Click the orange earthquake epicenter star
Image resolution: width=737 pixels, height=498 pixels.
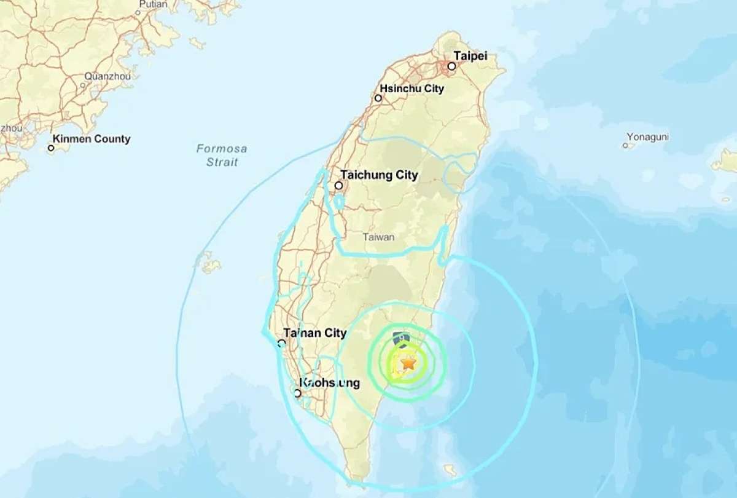(408, 363)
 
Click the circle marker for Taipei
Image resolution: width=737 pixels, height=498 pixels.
(452, 66)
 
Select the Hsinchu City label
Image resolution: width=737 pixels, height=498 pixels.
(411, 89)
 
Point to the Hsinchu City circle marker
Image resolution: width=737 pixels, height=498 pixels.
(378, 98)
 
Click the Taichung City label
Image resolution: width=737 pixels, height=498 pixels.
(379, 175)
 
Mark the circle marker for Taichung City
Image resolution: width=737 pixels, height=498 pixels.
(338, 185)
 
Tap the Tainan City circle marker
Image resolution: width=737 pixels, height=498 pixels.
(281, 343)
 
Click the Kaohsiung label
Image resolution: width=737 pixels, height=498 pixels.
(329, 383)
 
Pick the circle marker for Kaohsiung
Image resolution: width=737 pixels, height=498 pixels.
(298, 393)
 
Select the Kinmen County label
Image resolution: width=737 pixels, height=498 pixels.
(92, 139)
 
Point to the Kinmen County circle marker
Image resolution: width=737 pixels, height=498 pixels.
(52, 148)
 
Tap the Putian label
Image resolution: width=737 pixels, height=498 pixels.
(153, 4)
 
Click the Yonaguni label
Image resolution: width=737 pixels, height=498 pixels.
(647, 136)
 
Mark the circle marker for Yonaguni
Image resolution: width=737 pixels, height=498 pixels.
(625, 146)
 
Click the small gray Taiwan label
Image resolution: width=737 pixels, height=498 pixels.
(378, 237)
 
